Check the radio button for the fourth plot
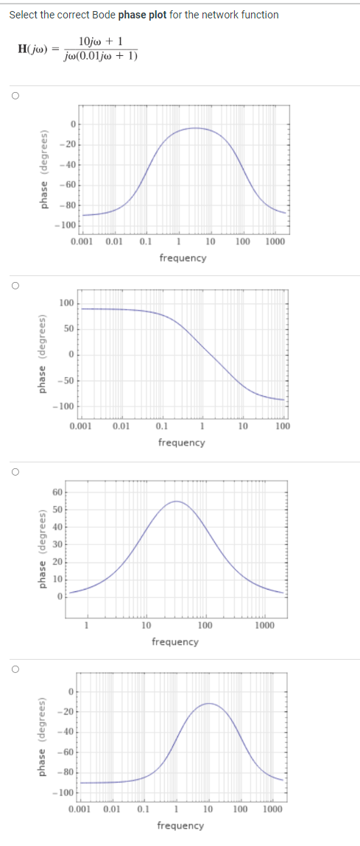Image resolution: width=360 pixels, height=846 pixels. (x=14, y=669)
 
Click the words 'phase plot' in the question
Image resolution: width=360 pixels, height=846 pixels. (x=142, y=15)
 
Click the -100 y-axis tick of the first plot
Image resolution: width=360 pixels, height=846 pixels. (x=68, y=225)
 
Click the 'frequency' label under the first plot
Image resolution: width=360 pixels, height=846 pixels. (x=183, y=258)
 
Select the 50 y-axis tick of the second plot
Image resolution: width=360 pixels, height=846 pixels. (x=68, y=329)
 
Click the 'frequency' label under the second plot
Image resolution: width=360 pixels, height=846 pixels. (x=181, y=442)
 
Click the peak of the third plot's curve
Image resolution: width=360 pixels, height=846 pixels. (x=177, y=501)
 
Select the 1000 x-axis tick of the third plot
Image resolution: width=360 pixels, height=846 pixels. (x=265, y=625)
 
